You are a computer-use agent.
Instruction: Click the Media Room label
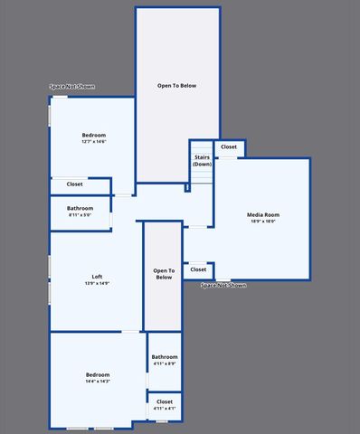(261, 214)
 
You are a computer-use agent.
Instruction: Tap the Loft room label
(97, 277)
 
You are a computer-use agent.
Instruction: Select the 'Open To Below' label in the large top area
(176, 86)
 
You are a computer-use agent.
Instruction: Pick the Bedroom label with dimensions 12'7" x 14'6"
(94, 135)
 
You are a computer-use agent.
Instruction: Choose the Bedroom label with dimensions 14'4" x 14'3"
(98, 374)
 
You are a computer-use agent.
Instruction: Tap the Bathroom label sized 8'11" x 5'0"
(80, 209)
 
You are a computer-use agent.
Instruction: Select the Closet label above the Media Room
(229, 146)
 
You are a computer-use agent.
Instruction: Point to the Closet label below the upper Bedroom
(74, 184)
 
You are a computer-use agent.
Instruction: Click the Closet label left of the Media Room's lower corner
(198, 269)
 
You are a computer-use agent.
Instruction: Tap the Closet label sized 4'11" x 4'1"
(165, 401)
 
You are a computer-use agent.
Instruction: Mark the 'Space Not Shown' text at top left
(72, 88)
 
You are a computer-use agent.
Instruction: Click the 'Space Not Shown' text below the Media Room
(223, 286)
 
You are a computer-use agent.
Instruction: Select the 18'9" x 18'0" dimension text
(261, 221)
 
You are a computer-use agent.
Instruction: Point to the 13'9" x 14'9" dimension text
(97, 284)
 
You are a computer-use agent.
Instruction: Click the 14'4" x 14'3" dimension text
(98, 382)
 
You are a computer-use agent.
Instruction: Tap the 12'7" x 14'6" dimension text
(94, 141)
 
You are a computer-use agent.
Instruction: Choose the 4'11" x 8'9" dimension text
(165, 363)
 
